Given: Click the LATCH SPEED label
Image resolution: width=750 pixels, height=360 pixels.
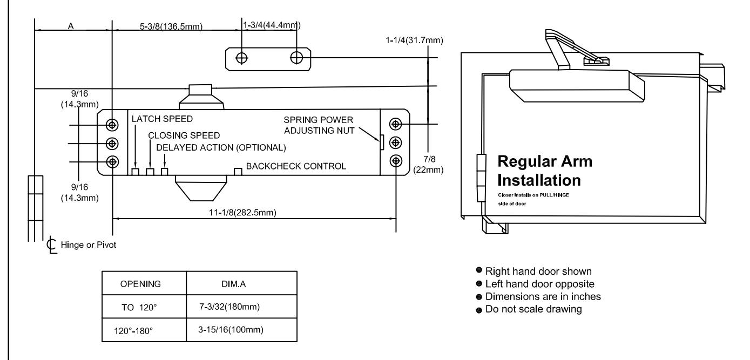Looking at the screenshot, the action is click(x=162, y=119).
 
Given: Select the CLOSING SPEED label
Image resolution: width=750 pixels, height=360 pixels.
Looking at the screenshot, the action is click(x=184, y=135).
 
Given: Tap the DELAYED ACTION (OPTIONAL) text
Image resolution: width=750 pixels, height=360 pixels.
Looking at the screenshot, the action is click(x=221, y=147).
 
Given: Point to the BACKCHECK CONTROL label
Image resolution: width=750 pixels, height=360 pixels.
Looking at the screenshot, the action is click(x=296, y=166).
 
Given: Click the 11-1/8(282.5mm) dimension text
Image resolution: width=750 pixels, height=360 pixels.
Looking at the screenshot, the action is click(x=242, y=213).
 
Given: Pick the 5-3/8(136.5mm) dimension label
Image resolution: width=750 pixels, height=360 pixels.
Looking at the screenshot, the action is click(x=171, y=26).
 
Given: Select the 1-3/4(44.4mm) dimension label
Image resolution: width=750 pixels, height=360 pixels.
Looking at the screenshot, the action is click(x=272, y=25).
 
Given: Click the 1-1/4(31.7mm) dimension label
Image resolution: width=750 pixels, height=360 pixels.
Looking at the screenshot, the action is click(x=414, y=40).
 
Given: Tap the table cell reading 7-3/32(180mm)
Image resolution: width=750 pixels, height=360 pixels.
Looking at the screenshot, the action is click(x=229, y=307).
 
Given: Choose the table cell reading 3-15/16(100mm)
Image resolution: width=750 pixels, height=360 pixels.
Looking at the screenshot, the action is click(x=231, y=330).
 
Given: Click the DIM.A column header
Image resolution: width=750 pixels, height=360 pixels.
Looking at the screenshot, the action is click(x=233, y=284).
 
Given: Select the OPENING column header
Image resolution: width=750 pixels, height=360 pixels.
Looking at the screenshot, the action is click(x=140, y=284).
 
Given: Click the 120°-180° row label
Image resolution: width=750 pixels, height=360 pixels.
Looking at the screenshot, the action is click(x=133, y=331).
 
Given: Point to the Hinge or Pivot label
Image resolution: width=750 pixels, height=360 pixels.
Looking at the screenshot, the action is click(x=89, y=245).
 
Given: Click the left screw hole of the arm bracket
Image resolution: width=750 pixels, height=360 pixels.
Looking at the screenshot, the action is click(x=241, y=58).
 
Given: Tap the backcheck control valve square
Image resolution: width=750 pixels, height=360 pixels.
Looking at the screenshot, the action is click(x=238, y=172).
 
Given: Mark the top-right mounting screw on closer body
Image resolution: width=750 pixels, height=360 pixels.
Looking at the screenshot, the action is click(x=395, y=124).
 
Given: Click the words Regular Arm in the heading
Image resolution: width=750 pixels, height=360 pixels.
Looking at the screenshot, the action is click(x=545, y=161).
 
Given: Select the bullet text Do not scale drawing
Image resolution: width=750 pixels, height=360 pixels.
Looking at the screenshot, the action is click(x=533, y=309).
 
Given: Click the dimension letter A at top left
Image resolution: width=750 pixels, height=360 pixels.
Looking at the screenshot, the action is click(x=71, y=26).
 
